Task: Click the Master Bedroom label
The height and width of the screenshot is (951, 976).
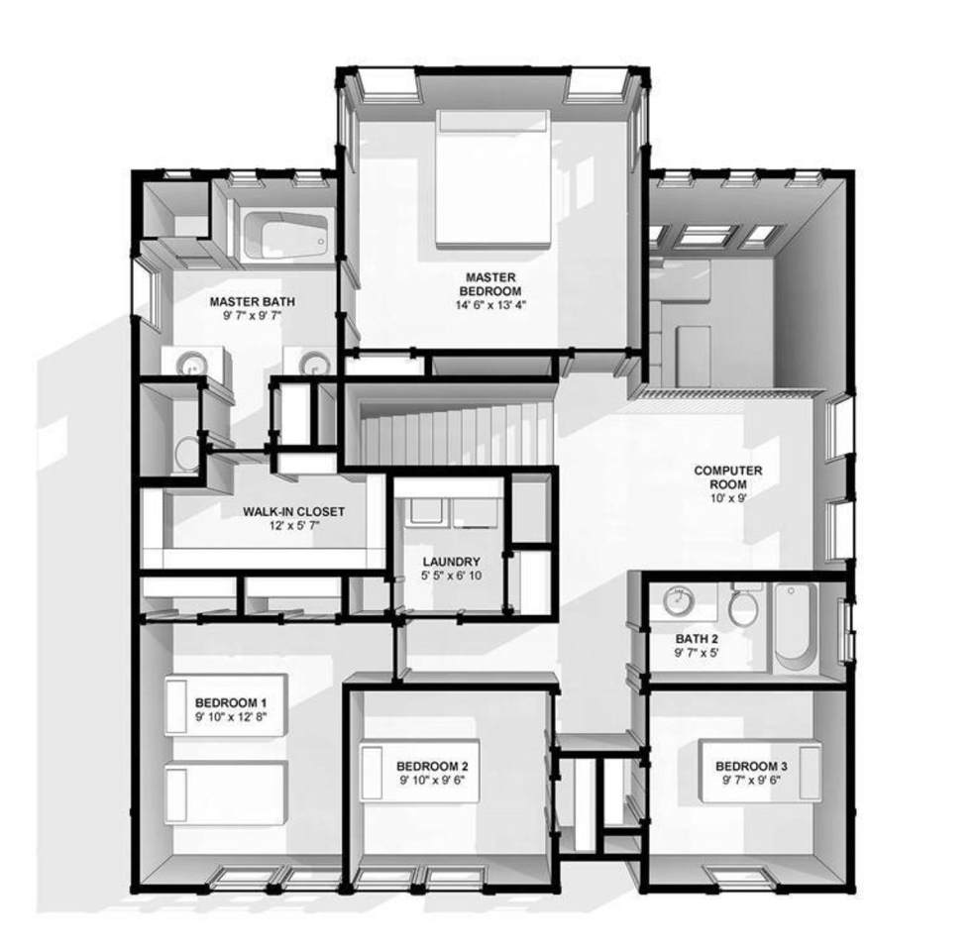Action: click(490, 283)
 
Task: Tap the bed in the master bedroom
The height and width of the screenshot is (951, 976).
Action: click(492, 178)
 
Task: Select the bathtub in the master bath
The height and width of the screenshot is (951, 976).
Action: click(285, 235)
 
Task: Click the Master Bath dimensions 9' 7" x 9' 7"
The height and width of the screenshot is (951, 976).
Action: click(252, 316)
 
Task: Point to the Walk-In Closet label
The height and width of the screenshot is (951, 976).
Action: click(293, 511)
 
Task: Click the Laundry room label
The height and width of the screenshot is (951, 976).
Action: click(451, 562)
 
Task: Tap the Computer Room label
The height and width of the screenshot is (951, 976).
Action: click(728, 477)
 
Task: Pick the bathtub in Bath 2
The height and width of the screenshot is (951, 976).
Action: click(795, 627)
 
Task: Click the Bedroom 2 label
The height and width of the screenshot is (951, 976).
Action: click(432, 766)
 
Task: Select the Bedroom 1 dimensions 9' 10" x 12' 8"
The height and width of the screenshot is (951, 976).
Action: click(231, 716)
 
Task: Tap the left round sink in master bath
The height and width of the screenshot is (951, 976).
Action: click(191, 365)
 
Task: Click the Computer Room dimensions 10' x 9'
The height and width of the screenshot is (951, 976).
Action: click(728, 498)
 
